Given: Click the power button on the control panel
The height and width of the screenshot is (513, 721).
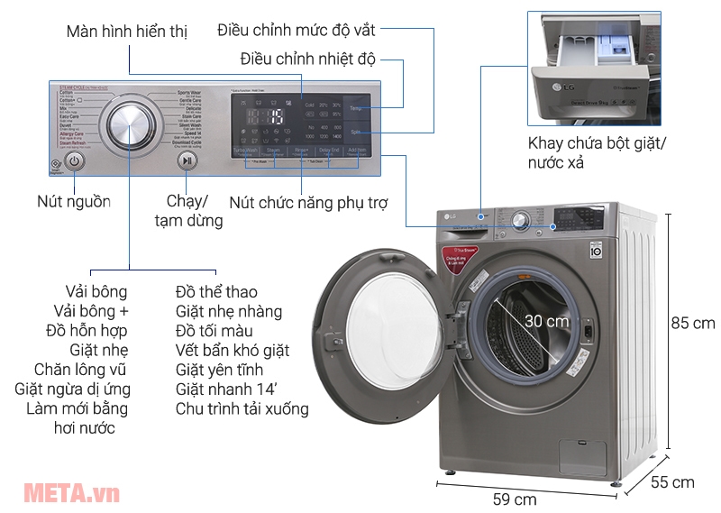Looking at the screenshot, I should [75, 161].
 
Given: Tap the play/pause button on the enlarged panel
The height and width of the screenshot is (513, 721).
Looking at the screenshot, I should [187, 161].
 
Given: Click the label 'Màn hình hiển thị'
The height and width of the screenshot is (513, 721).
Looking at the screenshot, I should [126, 32].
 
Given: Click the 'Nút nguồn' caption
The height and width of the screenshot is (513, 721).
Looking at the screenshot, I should [74, 201].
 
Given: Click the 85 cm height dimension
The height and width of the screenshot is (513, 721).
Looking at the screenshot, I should [693, 323].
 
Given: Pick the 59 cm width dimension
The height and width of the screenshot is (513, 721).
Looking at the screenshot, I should [514, 498].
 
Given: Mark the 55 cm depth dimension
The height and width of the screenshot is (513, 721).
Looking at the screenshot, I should [672, 482].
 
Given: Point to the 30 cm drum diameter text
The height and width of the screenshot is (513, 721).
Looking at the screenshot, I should [547, 321].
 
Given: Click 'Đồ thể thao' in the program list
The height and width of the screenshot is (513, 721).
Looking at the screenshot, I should [216, 291].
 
